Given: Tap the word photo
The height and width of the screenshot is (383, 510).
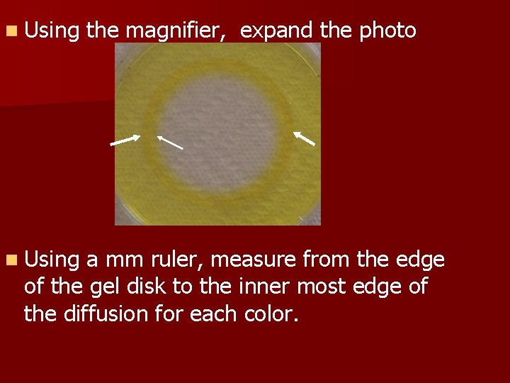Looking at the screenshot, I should point(387,31).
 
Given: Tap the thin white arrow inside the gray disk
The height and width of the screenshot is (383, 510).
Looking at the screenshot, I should point(170,142).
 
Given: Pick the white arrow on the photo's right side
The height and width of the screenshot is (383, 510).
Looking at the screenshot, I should point(304,138).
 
